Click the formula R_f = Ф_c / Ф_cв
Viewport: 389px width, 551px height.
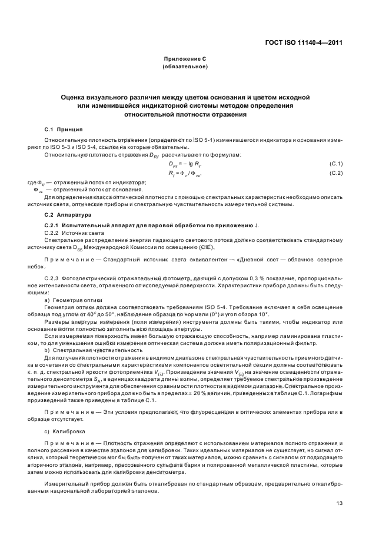pos(185,173)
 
